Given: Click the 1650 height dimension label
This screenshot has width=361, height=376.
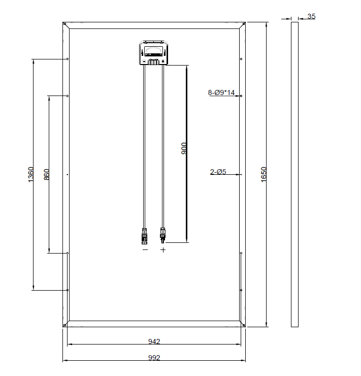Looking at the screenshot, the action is (x=264, y=175).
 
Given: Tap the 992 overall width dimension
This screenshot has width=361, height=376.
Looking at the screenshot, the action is (x=154, y=358).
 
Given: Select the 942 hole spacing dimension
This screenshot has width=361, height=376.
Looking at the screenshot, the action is (x=154, y=341).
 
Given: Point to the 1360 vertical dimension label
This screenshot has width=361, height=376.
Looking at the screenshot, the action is (x=31, y=175).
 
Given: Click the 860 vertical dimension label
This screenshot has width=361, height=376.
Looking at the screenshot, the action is (x=47, y=175).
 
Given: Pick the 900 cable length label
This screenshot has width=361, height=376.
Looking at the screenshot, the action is (x=184, y=148).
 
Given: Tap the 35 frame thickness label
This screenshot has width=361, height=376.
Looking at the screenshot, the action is (x=311, y=16).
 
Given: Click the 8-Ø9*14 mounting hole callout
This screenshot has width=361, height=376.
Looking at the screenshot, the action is (x=221, y=92).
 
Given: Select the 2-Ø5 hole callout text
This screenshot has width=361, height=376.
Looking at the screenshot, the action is (x=218, y=172).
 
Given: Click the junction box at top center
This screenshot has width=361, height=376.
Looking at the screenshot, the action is (x=153, y=53).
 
